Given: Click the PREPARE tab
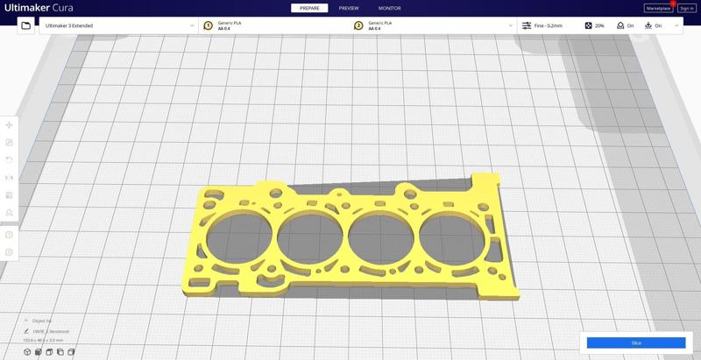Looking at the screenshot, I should (309, 8).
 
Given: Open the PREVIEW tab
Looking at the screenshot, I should (349, 8).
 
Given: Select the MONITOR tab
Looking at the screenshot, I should (389, 8).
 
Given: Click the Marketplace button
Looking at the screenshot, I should (658, 9).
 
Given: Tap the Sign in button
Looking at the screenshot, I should (686, 9).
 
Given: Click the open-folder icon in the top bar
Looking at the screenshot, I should (26, 25).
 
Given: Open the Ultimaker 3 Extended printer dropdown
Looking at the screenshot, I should (118, 25).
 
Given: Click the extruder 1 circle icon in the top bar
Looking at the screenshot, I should (209, 25).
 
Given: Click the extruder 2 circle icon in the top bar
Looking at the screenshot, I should (358, 25).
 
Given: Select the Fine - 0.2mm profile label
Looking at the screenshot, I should (548, 25).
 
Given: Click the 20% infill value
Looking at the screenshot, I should (599, 25).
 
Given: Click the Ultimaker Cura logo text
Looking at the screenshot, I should (39, 8).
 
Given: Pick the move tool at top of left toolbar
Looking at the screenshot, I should (10, 125).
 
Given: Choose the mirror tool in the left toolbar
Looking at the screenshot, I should (10, 178).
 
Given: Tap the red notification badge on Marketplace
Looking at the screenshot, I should (673, 4).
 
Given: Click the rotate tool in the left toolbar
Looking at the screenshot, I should (10, 160).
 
